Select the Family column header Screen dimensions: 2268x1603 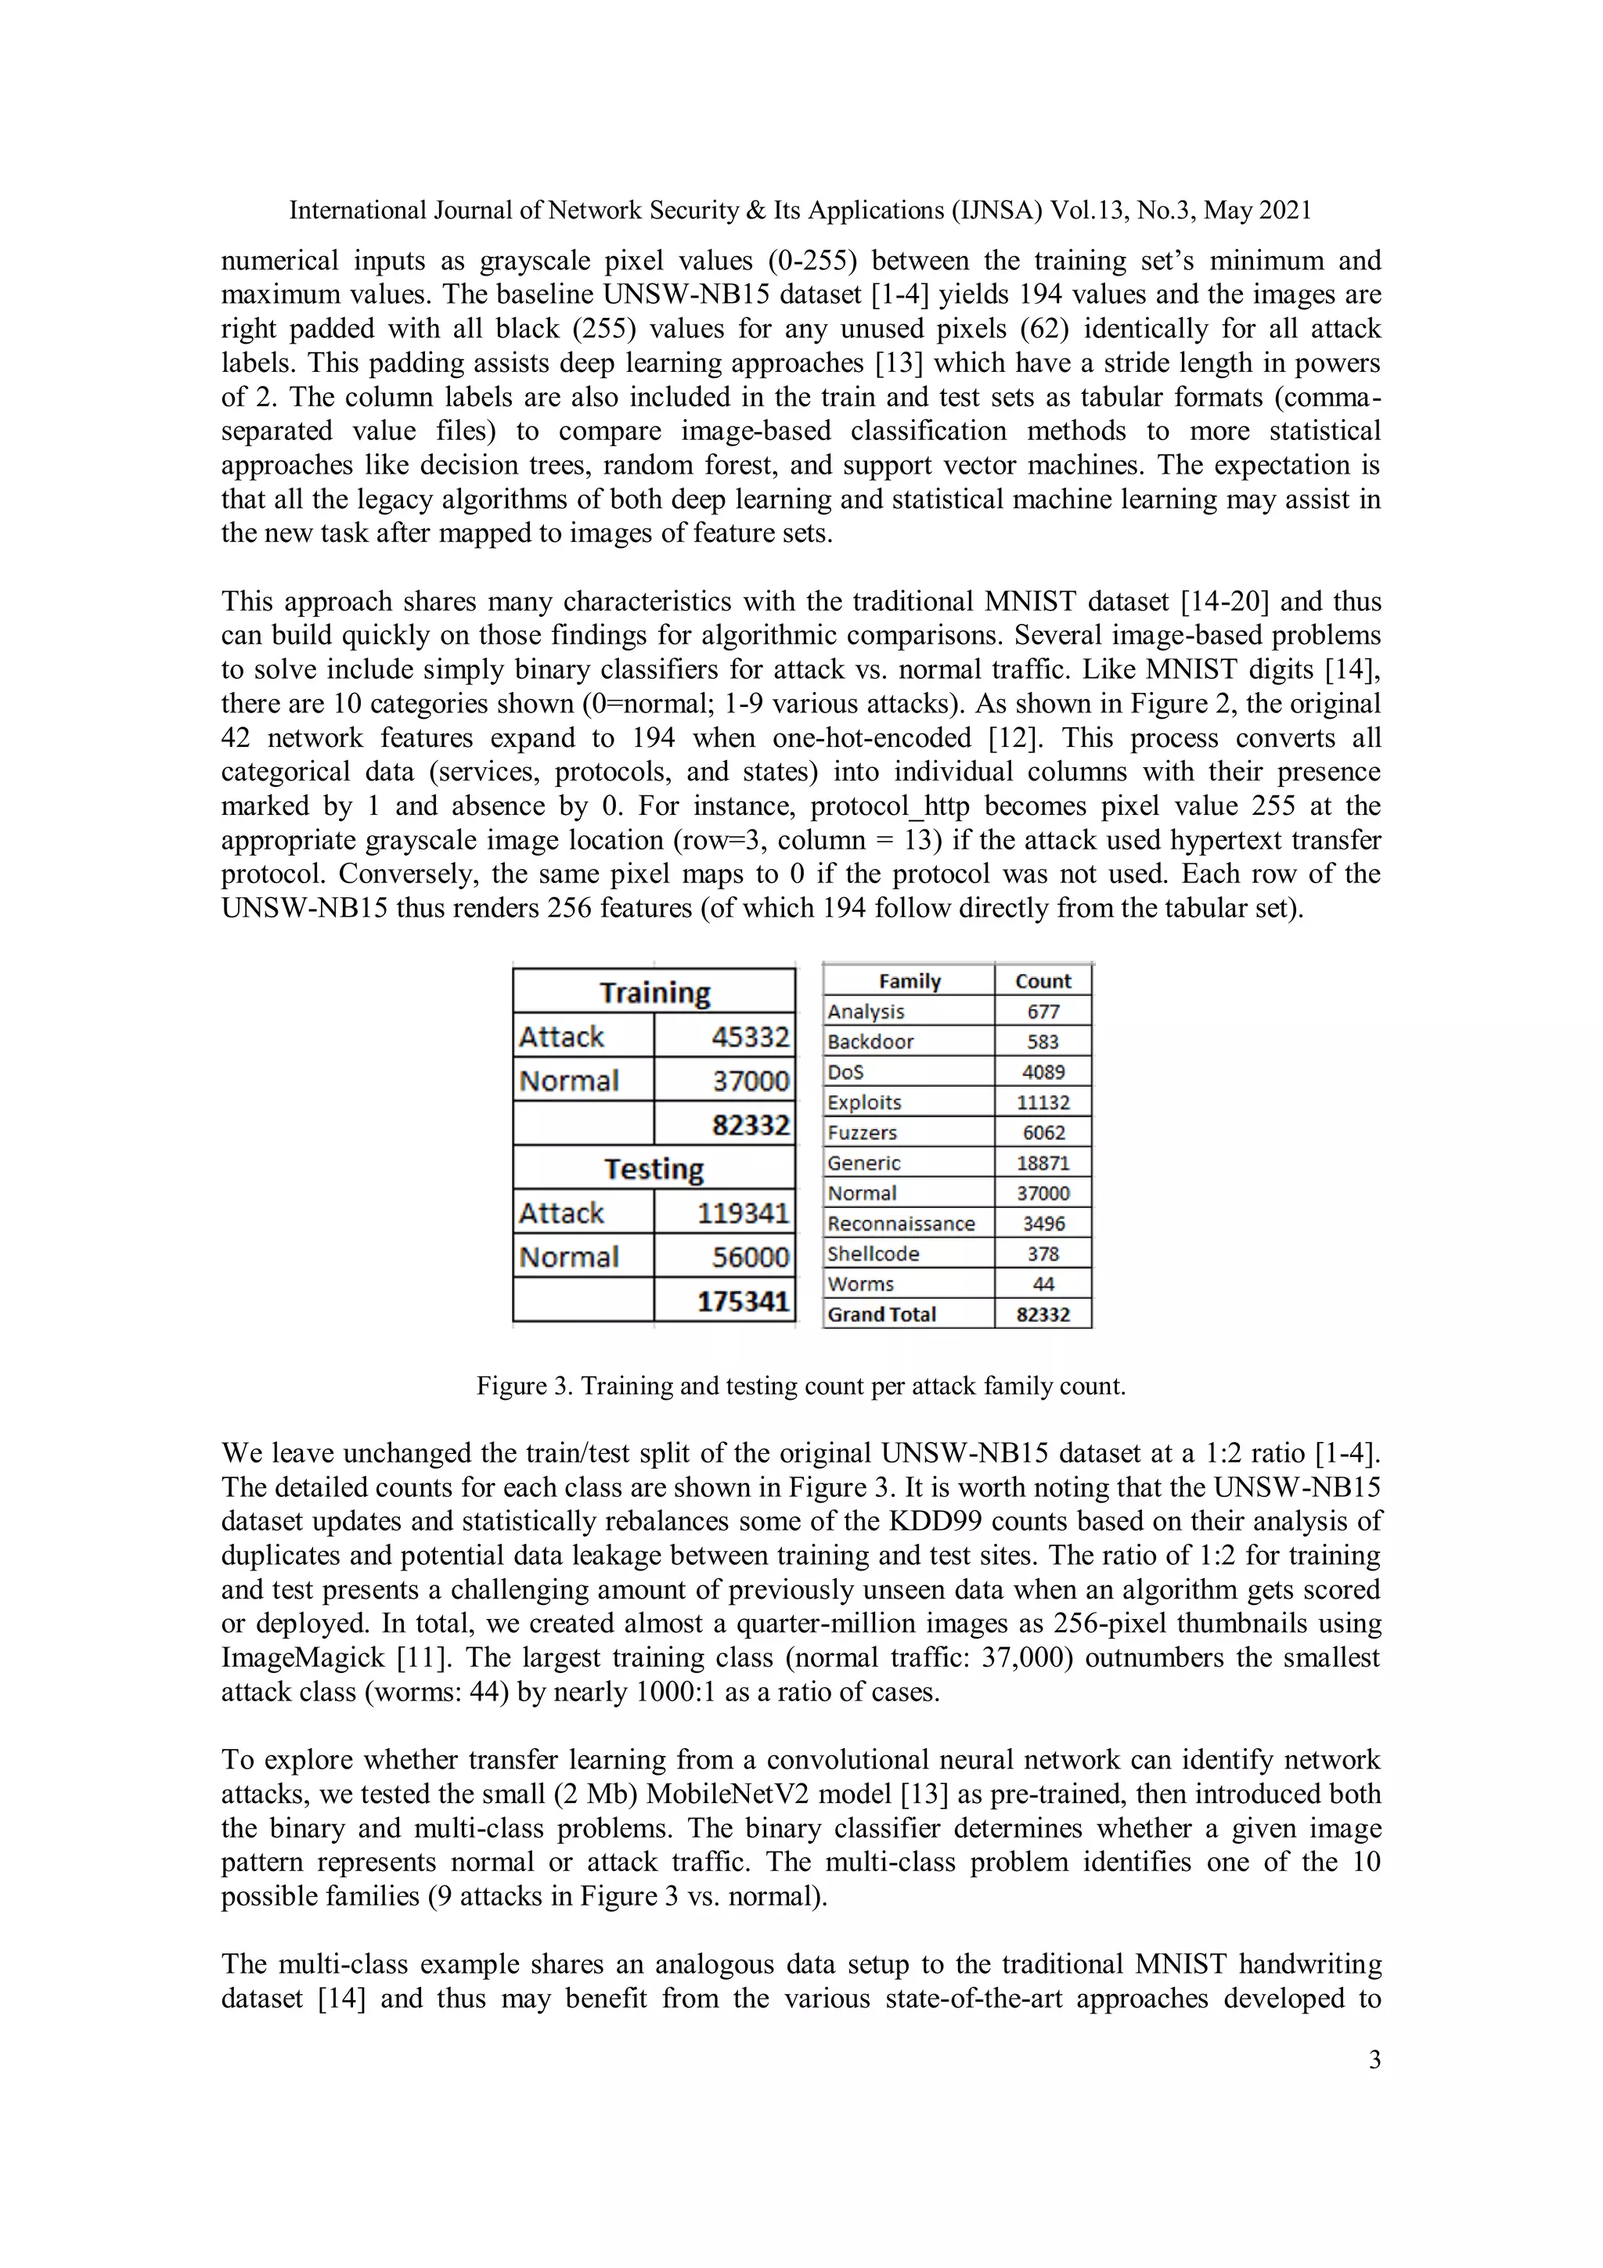(909, 981)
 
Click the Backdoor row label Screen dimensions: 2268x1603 (870, 1041)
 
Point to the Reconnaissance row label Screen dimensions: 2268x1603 (901, 1223)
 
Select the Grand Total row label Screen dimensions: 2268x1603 (881, 1314)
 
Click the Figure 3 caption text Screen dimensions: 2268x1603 (800, 1386)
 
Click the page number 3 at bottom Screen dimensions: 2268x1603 (1374, 2060)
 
